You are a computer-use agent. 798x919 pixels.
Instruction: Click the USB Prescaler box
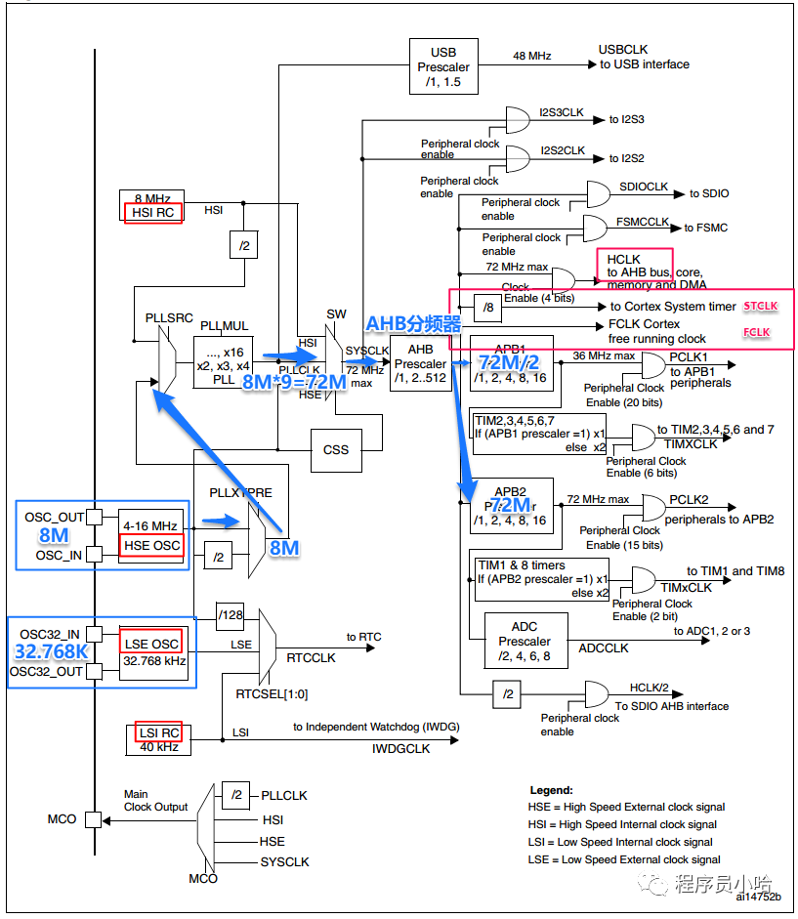[x=442, y=67]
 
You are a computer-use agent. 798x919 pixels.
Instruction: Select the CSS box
[x=336, y=450]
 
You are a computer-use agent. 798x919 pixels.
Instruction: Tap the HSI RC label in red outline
[x=153, y=212]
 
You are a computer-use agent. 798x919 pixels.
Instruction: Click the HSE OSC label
[x=152, y=544]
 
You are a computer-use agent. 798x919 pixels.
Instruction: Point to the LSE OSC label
[x=151, y=644]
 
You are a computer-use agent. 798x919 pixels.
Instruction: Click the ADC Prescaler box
[x=525, y=642]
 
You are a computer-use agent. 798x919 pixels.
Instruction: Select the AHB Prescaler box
[x=420, y=363]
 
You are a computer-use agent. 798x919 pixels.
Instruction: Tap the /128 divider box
[x=231, y=613]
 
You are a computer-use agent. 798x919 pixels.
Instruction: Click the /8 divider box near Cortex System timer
[x=488, y=307]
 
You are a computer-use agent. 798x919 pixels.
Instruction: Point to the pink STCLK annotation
[x=761, y=306]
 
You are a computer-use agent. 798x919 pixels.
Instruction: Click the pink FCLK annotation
[x=756, y=333]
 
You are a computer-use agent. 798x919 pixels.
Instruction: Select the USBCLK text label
[x=623, y=49]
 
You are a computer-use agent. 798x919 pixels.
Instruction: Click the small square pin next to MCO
[x=93, y=819]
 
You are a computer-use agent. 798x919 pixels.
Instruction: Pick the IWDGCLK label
[x=399, y=748]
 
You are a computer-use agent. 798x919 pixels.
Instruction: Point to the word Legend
[x=551, y=790]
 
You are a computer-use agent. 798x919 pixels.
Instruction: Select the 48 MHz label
[x=532, y=56]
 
